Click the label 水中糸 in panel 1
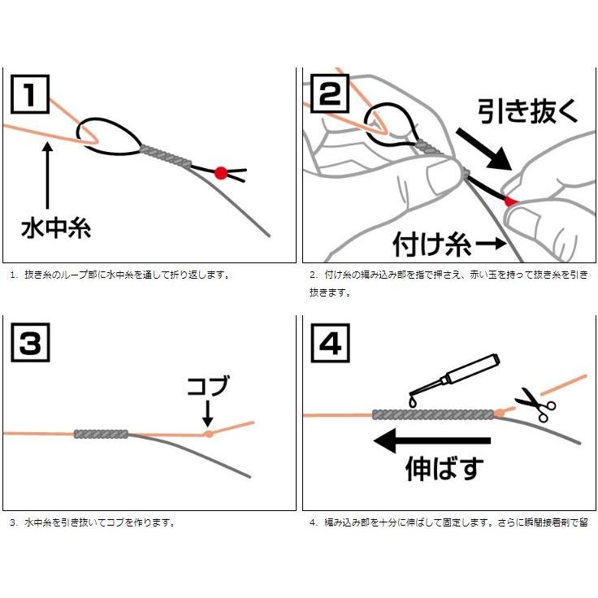click(x=55, y=227)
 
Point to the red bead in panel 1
click(x=220, y=172)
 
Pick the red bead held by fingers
click(x=509, y=201)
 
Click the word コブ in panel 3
click(x=208, y=386)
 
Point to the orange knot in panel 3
click(x=209, y=434)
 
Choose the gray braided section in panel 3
click(x=102, y=434)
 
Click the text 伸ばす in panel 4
click(x=444, y=469)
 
